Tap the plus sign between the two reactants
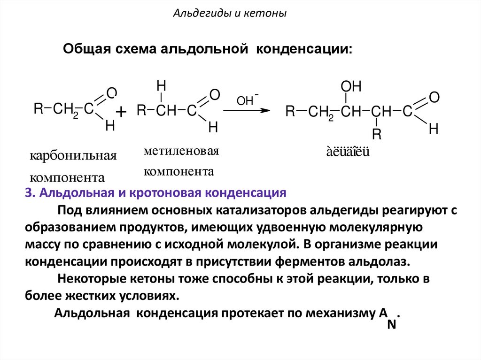tap(121, 112)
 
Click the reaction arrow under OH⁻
tap(247, 110)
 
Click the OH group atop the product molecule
tap(351, 86)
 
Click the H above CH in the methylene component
tap(161, 85)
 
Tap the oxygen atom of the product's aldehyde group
tap(434, 98)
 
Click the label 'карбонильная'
tap(73, 156)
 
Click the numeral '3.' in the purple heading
tap(30, 193)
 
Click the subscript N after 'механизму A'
tap(391, 324)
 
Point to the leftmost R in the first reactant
tap(38, 109)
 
